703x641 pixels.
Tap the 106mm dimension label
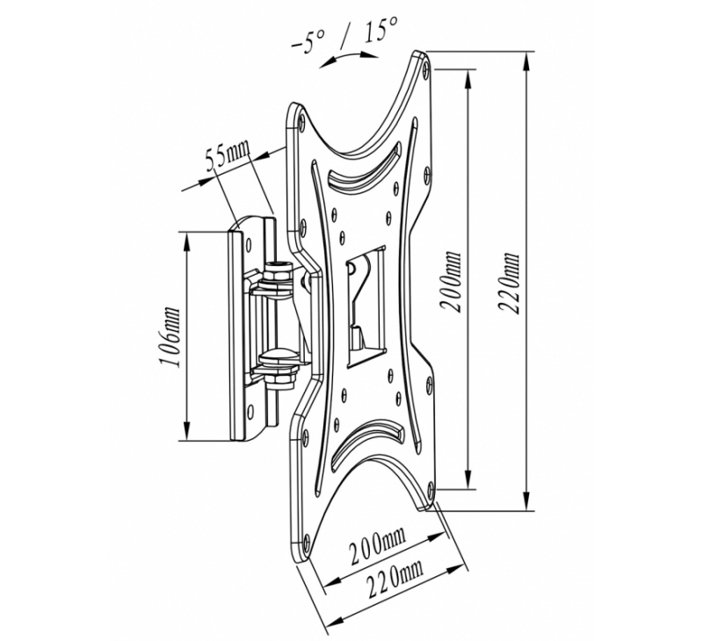pyautogui.click(x=171, y=337)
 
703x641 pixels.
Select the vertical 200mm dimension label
pyautogui.click(x=450, y=281)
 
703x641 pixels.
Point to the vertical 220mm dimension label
pyautogui.click(x=509, y=284)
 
